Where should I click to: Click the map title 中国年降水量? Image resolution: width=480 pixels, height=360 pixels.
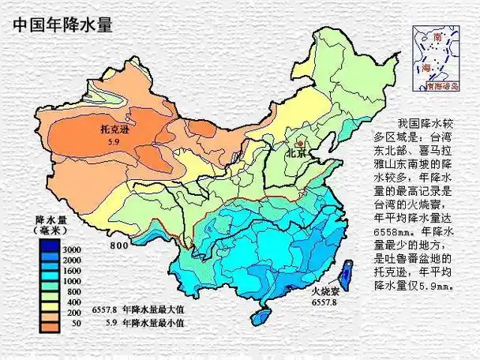62,24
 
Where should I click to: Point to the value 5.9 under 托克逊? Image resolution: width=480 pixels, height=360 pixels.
113,141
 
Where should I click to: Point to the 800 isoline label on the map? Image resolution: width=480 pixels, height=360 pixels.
119,246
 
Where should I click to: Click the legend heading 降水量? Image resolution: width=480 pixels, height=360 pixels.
52,219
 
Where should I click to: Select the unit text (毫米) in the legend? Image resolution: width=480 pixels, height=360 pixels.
52,230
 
